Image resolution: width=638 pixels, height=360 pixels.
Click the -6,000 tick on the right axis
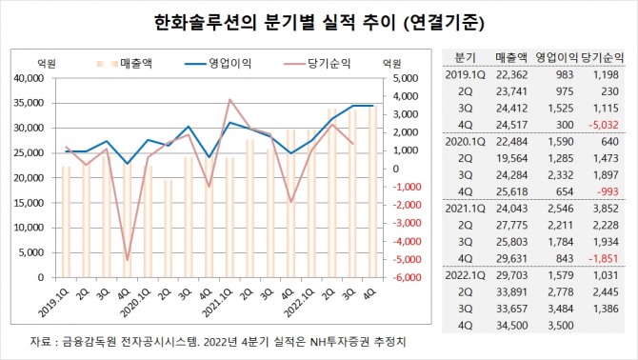[398, 277]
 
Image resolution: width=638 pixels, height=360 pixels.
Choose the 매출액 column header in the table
[512, 56]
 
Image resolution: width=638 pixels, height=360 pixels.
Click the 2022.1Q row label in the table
[468, 276]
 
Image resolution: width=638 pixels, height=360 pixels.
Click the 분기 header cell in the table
[465, 56]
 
